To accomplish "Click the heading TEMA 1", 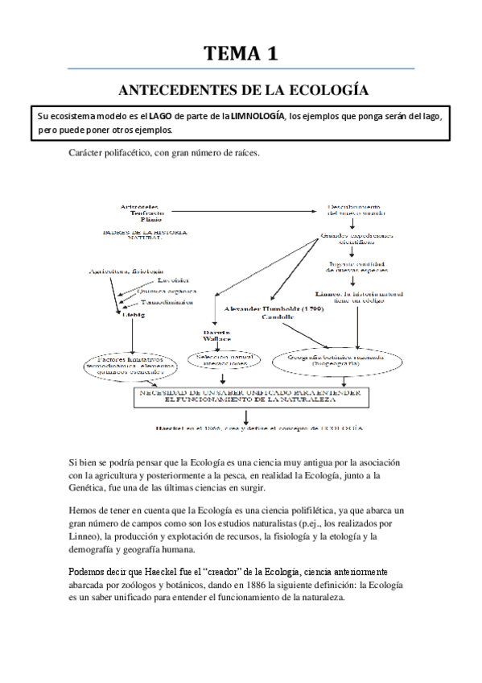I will [x=241, y=54].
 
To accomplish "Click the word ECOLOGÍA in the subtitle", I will [x=330, y=90].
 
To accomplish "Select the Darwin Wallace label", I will [x=216, y=336].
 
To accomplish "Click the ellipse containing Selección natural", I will [x=221, y=360].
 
